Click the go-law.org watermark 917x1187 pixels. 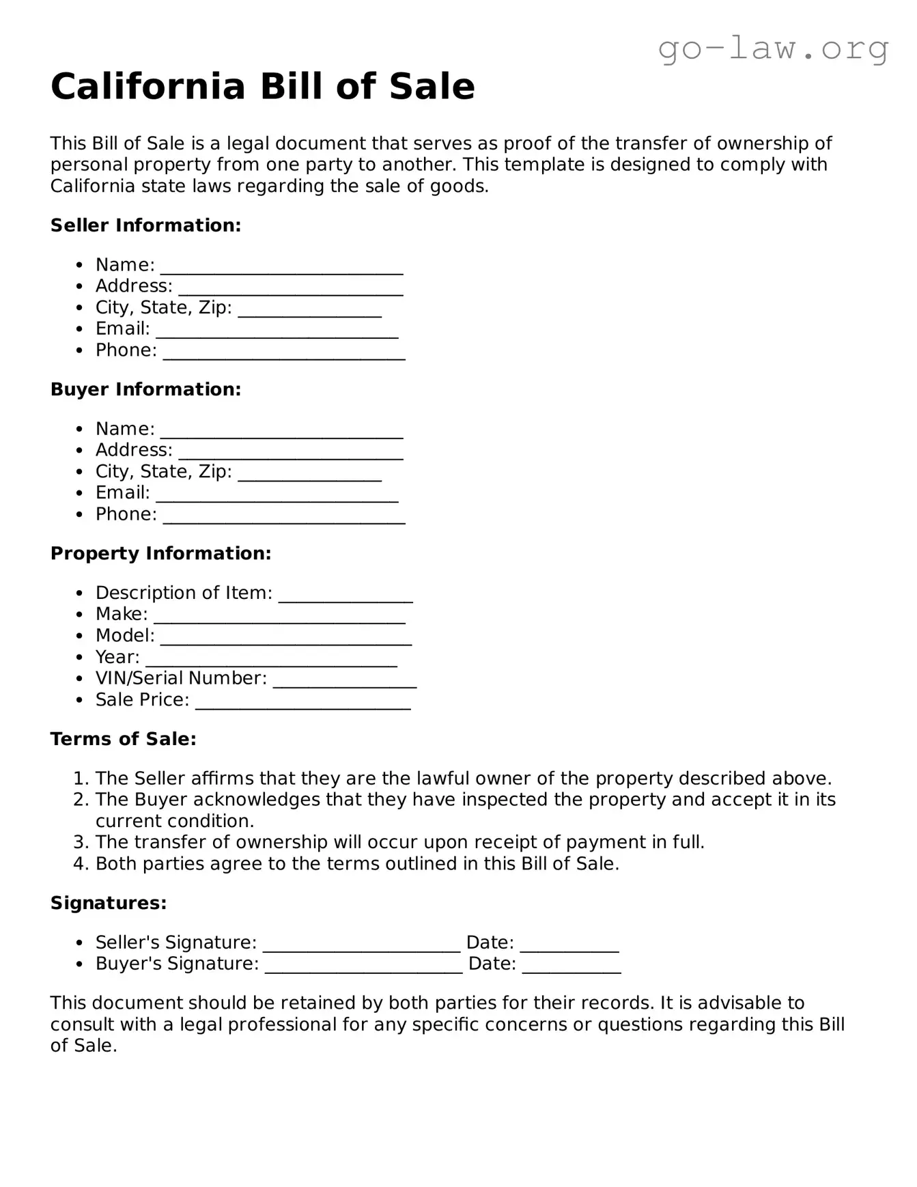[x=773, y=49]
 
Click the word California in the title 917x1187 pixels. [x=147, y=87]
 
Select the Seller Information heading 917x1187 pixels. [x=145, y=225]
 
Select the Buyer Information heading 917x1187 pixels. [x=145, y=389]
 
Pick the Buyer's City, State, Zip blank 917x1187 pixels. [x=309, y=475]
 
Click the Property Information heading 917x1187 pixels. [x=160, y=553]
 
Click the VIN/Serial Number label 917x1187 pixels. [x=181, y=678]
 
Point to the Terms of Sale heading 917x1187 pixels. [x=123, y=739]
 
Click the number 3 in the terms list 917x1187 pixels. [x=80, y=842]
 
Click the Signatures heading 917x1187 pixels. [x=109, y=903]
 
